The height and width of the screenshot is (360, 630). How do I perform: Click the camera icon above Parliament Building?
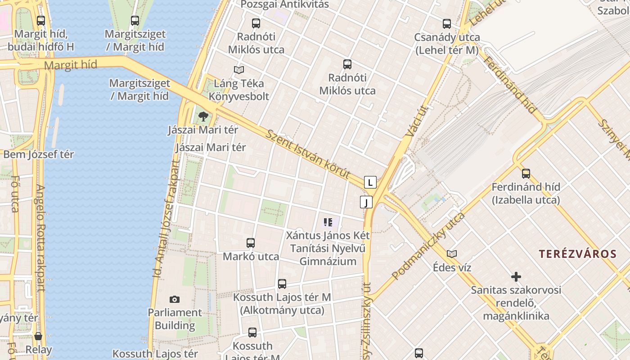(x=175, y=299)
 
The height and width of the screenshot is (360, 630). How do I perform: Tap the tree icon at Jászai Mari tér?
(x=203, y=117)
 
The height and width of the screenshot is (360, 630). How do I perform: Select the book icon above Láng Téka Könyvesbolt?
(x=238, y=70)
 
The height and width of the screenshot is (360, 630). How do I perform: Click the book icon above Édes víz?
(x=452, y=254)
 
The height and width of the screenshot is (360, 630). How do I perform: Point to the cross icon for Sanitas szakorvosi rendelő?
(x=516, y=277)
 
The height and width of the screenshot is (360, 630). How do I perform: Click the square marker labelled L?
(x=370, y=182)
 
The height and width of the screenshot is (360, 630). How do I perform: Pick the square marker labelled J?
(x=366, y=202)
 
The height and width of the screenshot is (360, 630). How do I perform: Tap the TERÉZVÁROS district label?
(x=578, y=254)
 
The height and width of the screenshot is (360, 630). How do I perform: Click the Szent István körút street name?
(x=308, y=154)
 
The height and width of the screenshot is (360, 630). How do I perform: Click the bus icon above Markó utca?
(x=251, y=243)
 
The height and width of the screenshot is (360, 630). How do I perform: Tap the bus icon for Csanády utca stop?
(x=446, y=24)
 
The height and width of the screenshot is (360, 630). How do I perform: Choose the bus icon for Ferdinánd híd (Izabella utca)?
(x=526, y=174)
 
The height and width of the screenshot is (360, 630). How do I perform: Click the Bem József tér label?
(x=38, y=154)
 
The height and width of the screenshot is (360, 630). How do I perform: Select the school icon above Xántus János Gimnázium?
(x=328, y=222)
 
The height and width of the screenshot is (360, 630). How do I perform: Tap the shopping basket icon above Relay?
(x=38, y=336)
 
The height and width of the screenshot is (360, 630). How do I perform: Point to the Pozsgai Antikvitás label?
(x=284, y=4)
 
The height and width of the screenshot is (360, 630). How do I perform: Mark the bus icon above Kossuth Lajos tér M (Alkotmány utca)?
(x=282, y=284)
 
